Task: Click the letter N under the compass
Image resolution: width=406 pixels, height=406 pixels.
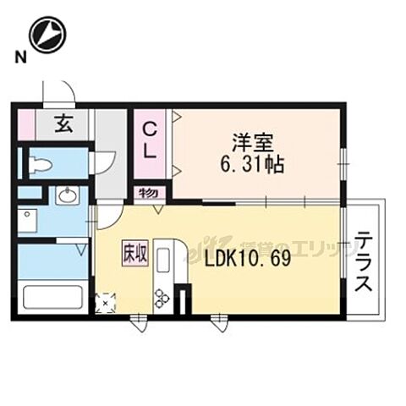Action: [18, 58]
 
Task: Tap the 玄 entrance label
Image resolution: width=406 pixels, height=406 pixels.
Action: [63, 124]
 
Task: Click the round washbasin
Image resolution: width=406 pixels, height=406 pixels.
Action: [67, 195]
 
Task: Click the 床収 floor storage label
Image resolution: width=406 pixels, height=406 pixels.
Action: [134, 251]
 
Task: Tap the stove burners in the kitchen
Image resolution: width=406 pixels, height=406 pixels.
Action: [161, 297]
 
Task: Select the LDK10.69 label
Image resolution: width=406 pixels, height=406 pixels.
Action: [248, 259]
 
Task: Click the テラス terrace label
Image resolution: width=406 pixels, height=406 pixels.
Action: [364, 261]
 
